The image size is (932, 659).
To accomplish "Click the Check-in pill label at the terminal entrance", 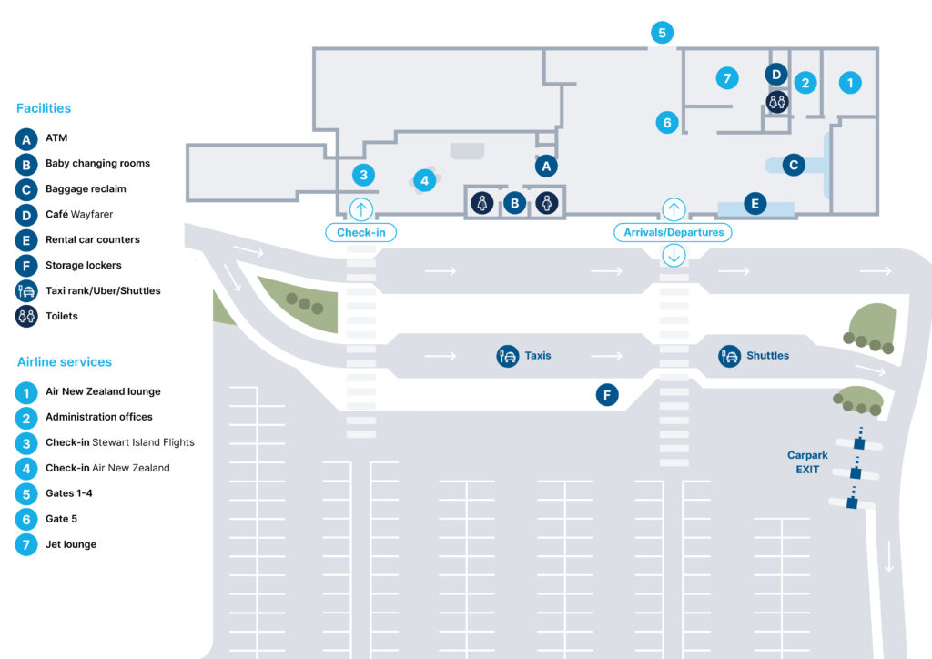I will point(361,232).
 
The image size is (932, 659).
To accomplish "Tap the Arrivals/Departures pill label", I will point(674,232).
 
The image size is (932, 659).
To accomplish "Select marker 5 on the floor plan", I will point(662,33).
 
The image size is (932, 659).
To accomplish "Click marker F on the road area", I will point(607,395).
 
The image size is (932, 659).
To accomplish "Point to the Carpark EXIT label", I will point(804,462).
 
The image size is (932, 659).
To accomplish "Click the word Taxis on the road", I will point(537,356).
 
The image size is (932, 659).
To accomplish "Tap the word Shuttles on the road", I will point(767,356).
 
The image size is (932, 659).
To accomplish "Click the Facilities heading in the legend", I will point(44,108).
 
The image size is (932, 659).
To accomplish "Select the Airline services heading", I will point(65,362).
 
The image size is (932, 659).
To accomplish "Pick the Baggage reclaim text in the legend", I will point(86,189).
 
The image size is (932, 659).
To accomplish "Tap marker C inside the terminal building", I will point(794,165).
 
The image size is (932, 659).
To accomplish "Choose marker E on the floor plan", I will point(754,203).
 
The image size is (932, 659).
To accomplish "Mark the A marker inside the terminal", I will point(545,166).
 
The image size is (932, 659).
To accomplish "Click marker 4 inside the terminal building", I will point(424,180).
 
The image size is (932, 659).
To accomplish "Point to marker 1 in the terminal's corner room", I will point(849,83).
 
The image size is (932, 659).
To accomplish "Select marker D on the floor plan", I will point(775,74).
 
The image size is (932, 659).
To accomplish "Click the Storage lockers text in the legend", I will point(83,266).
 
